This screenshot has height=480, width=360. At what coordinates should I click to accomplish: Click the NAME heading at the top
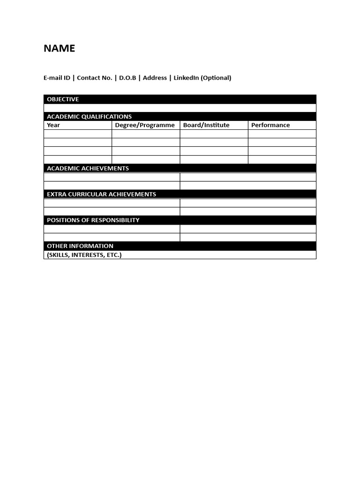[x=59, y=49]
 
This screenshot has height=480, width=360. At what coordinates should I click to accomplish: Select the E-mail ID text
[x=57, y=78]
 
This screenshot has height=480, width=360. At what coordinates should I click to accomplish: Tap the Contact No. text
[x=94, y=78]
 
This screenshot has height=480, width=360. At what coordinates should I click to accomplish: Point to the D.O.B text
[x=127, y=78]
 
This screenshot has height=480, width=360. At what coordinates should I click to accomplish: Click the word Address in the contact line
[x=155, y=78]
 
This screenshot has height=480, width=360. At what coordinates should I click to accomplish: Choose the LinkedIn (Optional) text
[x=202, y=78]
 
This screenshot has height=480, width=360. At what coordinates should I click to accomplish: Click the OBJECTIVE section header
[x=63, y=99]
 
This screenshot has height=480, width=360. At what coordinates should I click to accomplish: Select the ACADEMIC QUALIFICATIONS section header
[x=89, y=117]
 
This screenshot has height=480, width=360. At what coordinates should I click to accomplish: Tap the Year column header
[x=53, y=125]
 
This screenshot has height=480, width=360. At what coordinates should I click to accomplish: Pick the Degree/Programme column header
[x=145, y=125]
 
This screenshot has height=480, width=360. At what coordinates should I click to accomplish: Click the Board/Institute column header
[x=206, y=125]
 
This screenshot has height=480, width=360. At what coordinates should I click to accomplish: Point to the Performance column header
[x=270, y=125]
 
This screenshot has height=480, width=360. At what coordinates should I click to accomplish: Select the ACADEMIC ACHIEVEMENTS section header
[x=88, y=168]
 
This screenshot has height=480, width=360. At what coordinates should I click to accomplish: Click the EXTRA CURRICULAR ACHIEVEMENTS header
[x=101, y=194]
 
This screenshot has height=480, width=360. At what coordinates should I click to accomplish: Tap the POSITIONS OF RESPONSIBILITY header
[x=93, y=220]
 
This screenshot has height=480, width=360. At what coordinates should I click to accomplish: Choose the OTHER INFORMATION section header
[x=80, y=246]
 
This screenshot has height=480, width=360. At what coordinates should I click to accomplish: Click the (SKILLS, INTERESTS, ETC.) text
[x=84, y=255]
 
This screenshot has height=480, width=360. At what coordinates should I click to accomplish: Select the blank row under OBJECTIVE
[x=180, y=108]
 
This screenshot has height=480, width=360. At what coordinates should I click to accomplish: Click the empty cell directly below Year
[x=78, y=134]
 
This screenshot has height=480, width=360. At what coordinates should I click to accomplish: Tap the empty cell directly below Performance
[x=282, y=134]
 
